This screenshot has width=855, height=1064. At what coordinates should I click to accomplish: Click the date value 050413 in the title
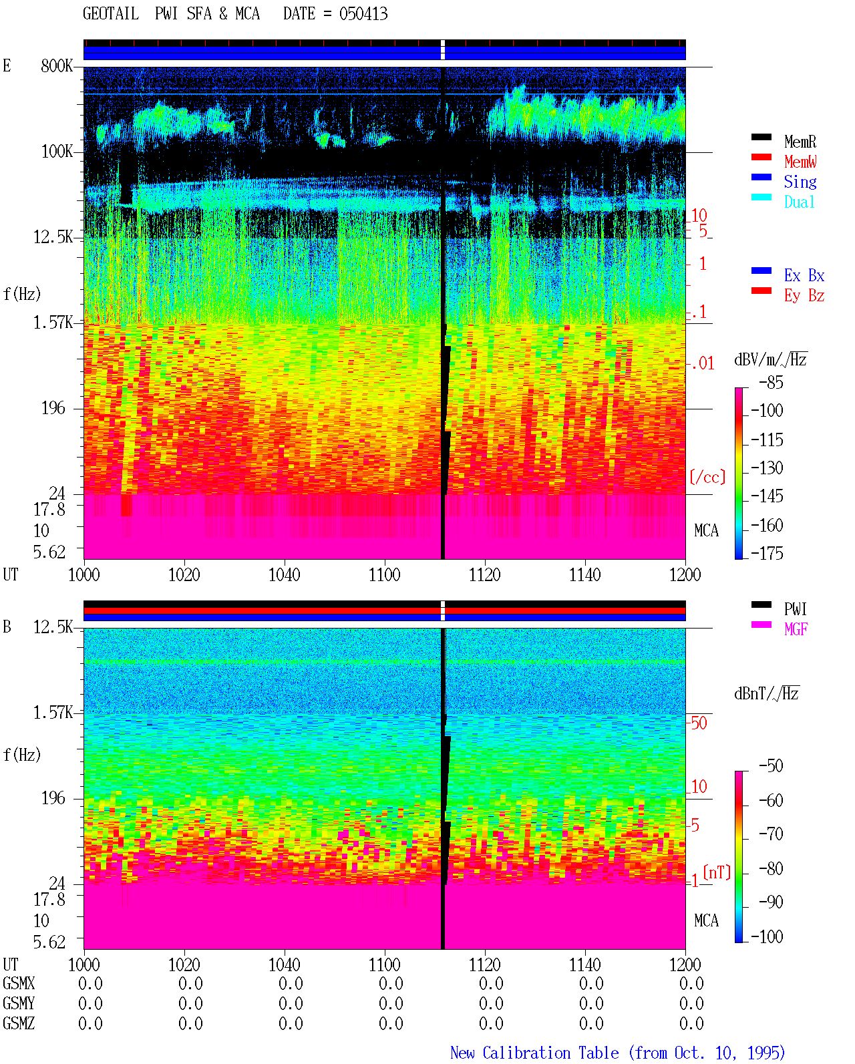click(363, 14)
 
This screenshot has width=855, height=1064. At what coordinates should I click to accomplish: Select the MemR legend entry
click(800, 142)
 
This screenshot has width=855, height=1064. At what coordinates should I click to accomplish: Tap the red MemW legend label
click(800, 162)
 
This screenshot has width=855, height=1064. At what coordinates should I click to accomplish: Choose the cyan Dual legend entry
click(799, 202)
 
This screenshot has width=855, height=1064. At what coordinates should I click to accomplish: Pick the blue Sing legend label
click(800, 182)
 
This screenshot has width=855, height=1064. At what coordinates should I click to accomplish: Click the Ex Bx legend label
click(804, 275)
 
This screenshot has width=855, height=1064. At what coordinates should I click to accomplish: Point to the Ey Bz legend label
click(804, 296)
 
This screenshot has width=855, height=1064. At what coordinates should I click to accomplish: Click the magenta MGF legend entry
click(796, 629)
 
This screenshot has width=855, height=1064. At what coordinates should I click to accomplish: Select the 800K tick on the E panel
click(56, 65)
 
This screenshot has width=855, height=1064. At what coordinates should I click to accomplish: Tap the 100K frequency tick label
click(56, 152)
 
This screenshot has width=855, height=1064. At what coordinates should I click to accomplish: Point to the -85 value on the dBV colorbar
click(771, 382)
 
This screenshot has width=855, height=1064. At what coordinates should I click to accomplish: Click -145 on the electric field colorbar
click(767, 496)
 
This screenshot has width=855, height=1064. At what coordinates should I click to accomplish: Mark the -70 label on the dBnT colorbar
click(771, 834)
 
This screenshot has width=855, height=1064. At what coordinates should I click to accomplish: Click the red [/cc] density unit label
click(707, 477)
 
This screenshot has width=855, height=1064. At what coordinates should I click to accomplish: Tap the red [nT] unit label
click(717, 872)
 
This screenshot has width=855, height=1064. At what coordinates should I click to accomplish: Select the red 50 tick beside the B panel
click(699, 723)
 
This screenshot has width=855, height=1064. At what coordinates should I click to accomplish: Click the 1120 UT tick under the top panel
click(485, 575)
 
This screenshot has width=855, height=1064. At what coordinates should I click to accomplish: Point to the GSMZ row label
click(19, 1023)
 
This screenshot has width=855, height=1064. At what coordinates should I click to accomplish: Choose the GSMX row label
click(19, 983)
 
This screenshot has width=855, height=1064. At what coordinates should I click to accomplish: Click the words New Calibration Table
click(534, 1053)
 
